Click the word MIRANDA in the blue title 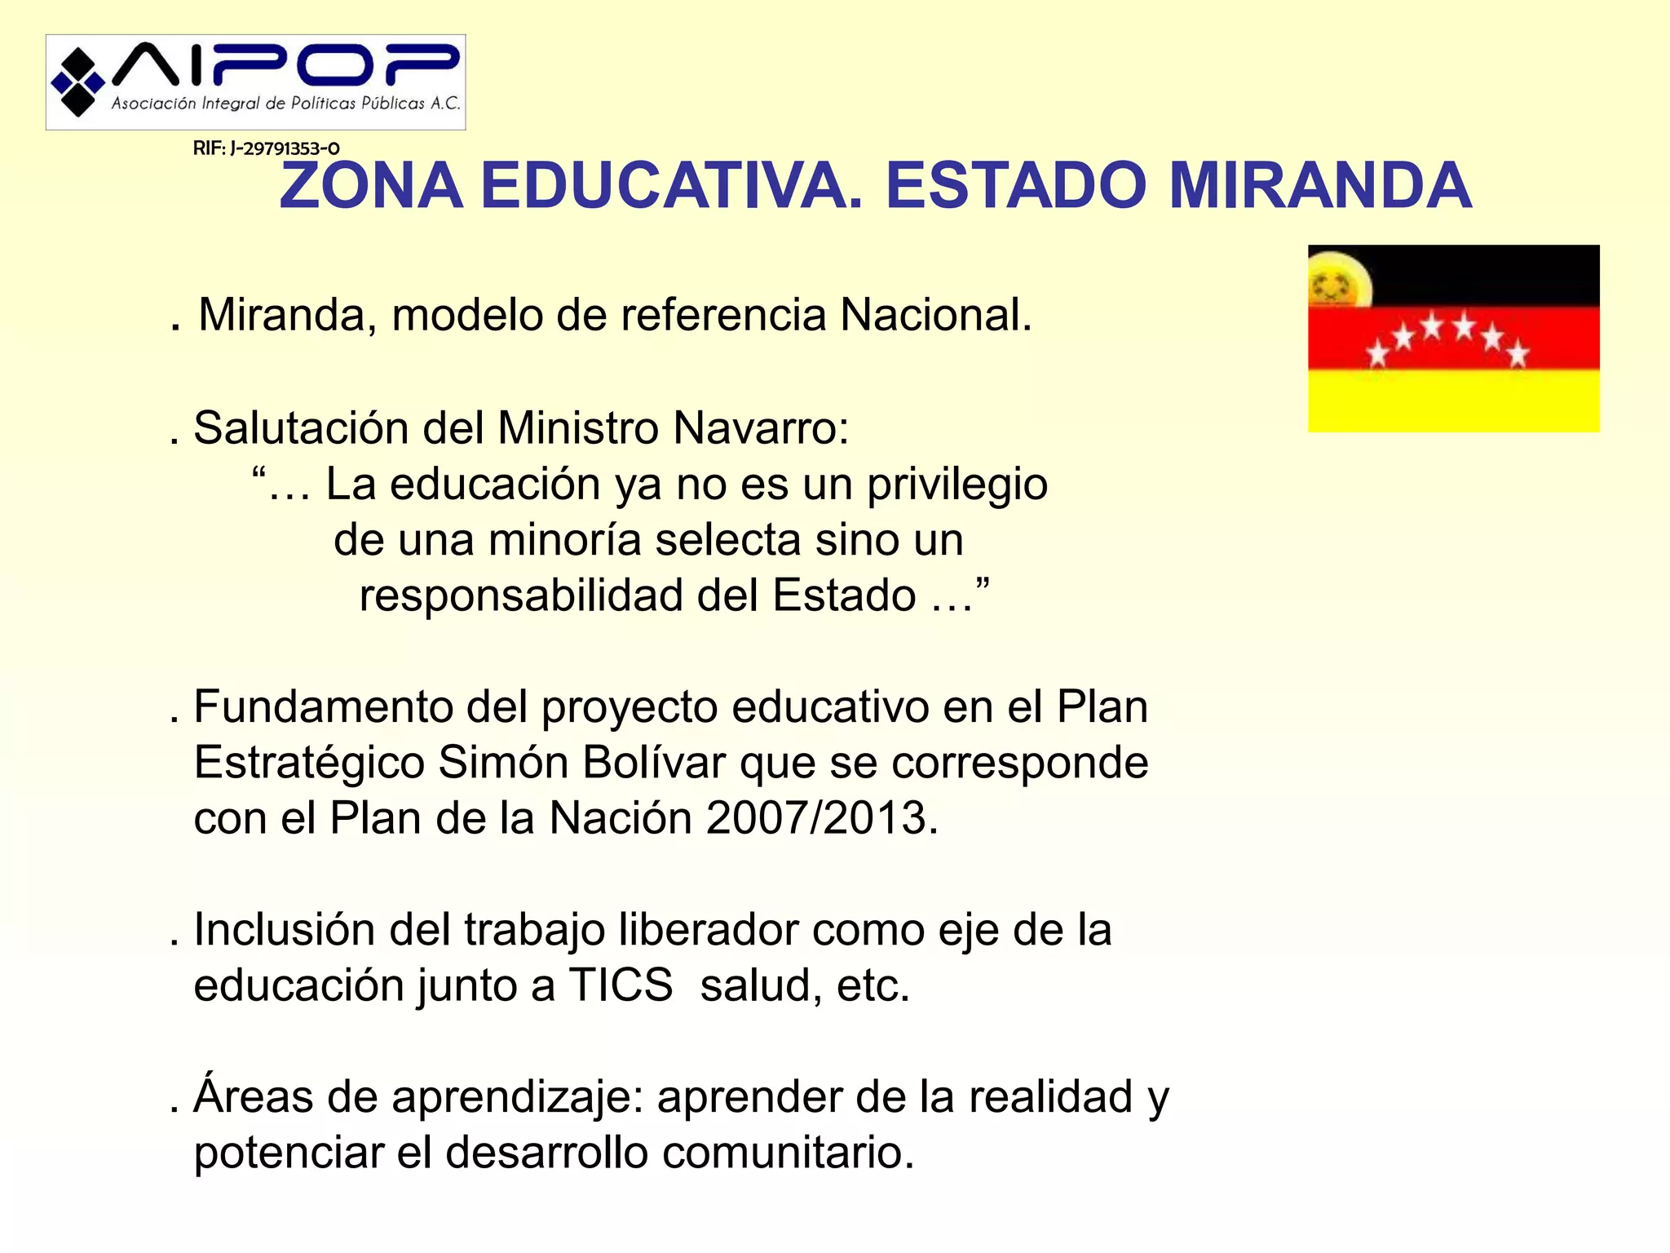pos(1320,186)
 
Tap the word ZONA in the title pos(371,186)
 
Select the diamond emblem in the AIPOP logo pos(77,82)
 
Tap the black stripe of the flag pos(1484,274)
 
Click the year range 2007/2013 pos(816,818)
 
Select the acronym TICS pos(620,985)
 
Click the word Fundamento pos(323,706)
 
